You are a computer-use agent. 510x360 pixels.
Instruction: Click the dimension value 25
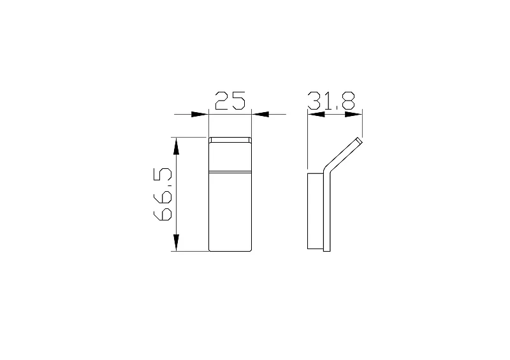pos(230,101)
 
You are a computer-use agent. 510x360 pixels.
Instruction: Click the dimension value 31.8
pos(331,101)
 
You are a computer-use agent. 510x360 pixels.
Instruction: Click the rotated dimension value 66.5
pos(163,194)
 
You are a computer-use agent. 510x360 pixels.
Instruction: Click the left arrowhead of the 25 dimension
pos(199,114)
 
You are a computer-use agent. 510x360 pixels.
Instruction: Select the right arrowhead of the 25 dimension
pos(261,114)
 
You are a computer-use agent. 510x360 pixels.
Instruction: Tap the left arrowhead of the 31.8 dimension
pos(316,114)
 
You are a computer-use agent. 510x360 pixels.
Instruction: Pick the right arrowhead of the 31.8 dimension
pos(354,114)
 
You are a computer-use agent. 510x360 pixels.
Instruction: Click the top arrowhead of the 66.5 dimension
pos(177,146)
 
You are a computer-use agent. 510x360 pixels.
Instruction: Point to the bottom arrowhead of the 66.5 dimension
pos(177,243)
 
